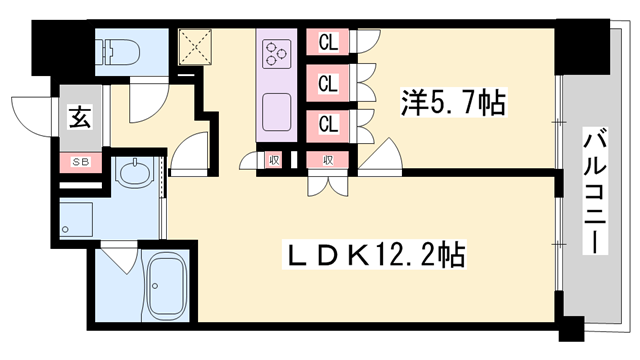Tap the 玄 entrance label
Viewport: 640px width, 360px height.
pyautogui.click(x=78, y=118)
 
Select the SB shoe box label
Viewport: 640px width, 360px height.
pyautogui.click(x=78, y=160)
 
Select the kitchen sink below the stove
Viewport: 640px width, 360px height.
pyautogui.click(x=277, y=106)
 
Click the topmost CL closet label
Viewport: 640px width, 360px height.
pyautogui.click(x=327, y=43)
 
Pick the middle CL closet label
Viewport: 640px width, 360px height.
pyautogui.click(x=327, y=84)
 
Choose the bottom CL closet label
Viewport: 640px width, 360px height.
pyautogui.click(x=327, y=125)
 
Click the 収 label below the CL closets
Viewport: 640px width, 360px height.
pyautogui.click(x=327, y=159)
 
